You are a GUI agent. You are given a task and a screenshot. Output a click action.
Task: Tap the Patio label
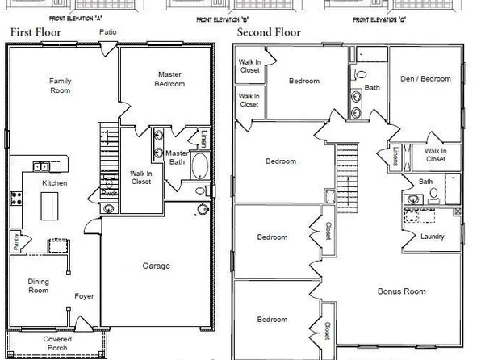pos(108,32)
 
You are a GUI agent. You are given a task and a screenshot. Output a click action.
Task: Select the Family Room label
pos(60,86)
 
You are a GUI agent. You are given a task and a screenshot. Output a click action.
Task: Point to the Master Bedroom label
pos(169,79)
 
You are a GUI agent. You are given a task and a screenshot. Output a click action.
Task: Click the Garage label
pos(156,266)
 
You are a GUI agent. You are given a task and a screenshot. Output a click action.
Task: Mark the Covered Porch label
pos(56,345)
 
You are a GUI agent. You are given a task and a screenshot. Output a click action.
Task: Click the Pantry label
pos(15,240)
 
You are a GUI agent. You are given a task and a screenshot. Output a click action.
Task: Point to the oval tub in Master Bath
pos(199,168)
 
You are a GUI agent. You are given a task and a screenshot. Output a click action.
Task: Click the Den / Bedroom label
pos(425,78)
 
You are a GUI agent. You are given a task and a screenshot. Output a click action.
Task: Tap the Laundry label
pos(433,237)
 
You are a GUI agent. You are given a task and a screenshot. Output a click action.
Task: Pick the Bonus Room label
pos(402,291)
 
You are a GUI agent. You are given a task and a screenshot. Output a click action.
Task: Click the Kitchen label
pos(55,183)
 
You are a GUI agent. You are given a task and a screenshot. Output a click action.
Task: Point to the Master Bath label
pos(177,157)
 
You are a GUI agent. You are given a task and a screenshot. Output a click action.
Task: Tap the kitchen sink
pos(40,167)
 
